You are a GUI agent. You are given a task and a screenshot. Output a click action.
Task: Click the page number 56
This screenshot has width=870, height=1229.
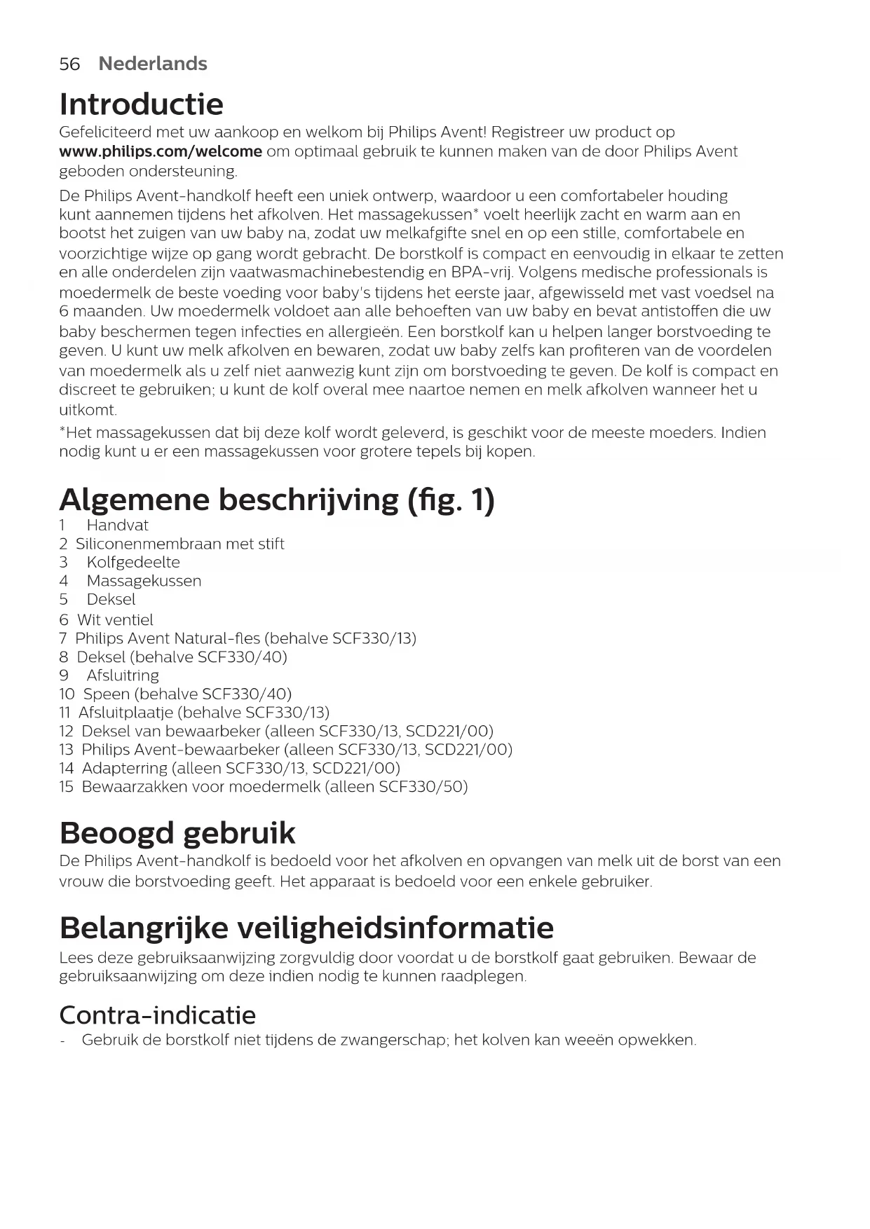point(69,64)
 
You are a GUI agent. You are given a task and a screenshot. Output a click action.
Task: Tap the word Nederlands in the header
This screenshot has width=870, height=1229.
point(153,64)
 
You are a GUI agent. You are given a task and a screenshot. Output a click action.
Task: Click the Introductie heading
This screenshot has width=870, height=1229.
point(141,104)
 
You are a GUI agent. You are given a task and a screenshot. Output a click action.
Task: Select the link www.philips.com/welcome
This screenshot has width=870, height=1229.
point(161,151)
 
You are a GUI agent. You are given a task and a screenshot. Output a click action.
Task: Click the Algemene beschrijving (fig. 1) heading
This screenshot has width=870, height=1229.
point(277,500)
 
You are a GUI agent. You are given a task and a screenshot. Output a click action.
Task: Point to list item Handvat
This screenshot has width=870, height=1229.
point(117,526)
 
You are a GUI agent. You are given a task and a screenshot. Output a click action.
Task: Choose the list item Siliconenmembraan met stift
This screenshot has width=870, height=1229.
point(179,544)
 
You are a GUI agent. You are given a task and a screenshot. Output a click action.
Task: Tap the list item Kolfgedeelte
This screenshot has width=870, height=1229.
point(133,562)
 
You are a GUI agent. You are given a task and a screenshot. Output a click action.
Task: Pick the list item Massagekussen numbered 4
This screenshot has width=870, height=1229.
point(144,581)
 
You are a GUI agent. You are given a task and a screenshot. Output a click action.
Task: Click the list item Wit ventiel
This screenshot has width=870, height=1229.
point(115,619)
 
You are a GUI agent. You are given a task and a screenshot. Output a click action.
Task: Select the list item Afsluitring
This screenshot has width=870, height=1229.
point(123,675)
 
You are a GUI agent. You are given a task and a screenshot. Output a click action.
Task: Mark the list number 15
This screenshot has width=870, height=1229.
point(66,786)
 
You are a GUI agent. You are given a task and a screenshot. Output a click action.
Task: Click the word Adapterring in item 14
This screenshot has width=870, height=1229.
point(125,768)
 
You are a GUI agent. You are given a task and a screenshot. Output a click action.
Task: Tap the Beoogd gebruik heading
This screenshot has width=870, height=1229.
point(177,833)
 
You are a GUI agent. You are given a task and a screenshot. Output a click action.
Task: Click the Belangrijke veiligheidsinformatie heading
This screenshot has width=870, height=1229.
point(306,928)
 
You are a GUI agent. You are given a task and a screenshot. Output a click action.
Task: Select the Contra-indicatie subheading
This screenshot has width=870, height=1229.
point(158,1015)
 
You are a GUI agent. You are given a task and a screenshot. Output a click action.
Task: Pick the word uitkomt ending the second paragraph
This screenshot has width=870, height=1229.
point(88,410)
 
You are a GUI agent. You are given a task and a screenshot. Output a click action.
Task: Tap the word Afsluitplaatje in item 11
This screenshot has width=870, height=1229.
point(125,713)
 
